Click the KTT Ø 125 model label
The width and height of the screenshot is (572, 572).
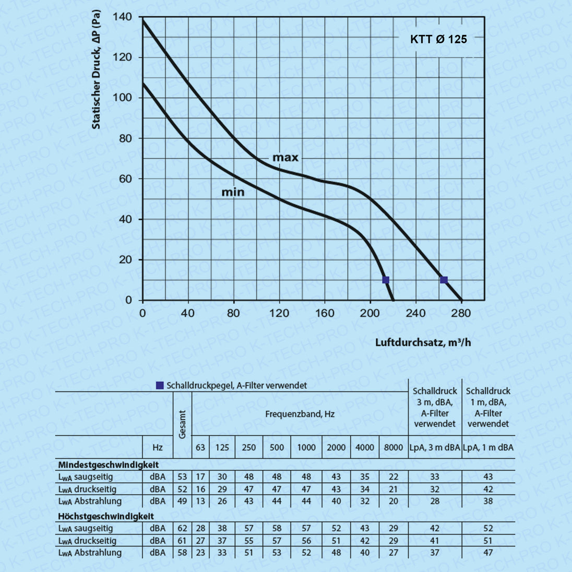[438, 39]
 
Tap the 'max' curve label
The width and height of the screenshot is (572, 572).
[285, 158]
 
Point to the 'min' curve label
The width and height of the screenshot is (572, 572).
[233, 193]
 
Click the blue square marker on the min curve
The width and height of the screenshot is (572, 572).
[386, 280]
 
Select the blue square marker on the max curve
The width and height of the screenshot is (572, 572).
[444, 280]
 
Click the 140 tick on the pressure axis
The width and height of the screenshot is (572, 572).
[123, 17]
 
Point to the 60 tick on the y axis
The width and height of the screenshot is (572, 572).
[126, 179]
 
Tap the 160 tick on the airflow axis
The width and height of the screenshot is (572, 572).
[325, 313]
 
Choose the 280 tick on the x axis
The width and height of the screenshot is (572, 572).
[461, 313]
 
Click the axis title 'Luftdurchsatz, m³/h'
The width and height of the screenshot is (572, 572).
[423, 342]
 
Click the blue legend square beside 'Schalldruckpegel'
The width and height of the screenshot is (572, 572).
[160, 386]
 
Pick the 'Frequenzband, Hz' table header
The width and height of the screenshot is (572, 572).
[300, 414]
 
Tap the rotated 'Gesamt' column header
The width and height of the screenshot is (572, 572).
[182, 424]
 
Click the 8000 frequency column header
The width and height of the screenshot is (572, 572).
[394, 447]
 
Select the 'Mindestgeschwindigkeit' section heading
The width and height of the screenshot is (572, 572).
[109, 464]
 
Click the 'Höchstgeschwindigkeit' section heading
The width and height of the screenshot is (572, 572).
[106, 516]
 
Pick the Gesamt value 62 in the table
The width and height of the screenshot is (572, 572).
[182, 529]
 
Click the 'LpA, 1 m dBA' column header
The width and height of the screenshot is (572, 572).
[488, 447]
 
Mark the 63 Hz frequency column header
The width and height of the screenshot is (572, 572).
[200, 447]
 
